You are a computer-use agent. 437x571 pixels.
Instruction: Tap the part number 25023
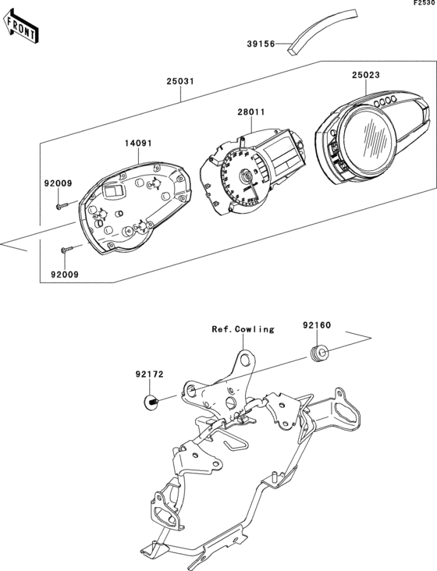pyautogui.click(x=365, y=75)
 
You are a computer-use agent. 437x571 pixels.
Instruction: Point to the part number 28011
pyautogui.click(x=251, y=112)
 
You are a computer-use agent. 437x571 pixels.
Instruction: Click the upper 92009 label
pyautogui.click(x=58, y=184)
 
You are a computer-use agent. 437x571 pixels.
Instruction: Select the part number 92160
pyautogui.click(x=318, y=321)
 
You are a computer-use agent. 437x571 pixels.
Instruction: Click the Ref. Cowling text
pyautogui.click(x=243, y=329)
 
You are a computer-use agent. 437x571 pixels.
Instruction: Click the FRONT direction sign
pyautogui.click(x=22, y=27)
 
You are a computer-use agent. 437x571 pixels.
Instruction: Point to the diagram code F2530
pyautogui.click(x=424, y=5)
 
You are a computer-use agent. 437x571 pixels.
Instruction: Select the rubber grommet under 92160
pyautogui.click(x=318, y=354)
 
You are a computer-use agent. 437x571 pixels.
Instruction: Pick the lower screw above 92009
pyautogui.click(x=66, y=250)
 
